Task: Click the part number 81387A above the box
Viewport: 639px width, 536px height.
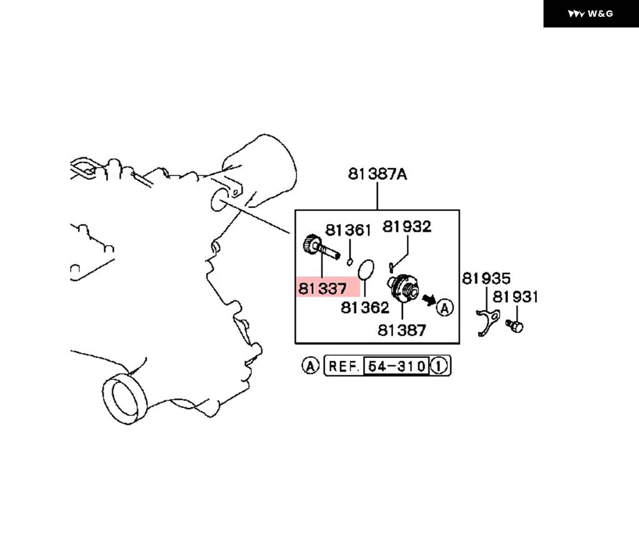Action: [x=378, y=174]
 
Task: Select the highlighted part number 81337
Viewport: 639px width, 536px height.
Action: [x=323, y=289]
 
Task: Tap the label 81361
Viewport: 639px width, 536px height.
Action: [x=348, y=231]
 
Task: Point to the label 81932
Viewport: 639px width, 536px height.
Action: [x=407, y=226]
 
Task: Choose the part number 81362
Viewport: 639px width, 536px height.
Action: [x=364, y=307]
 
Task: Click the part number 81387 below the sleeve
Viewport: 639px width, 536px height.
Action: [x=402, y=330]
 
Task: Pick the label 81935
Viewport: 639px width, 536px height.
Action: [x=486, y=279]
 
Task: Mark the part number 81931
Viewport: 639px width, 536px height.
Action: [x=515, y=297]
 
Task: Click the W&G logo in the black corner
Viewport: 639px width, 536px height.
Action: [x=590, y=14]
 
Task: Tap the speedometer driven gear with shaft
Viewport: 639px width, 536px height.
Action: [x=320, y=247]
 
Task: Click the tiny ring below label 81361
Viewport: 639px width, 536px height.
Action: [x=349, y=262]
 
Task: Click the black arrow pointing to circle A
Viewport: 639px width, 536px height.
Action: [x=429, y=300]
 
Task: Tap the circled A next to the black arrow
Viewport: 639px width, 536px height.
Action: [x=444, y=307]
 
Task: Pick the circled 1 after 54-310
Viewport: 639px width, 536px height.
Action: [x=439, y=366]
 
